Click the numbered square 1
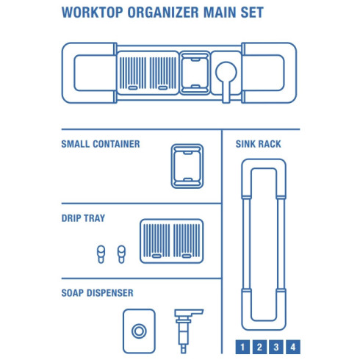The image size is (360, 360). point(243,347)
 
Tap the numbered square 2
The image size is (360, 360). point(260,347)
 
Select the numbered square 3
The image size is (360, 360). point(276,347)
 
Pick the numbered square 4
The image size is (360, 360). point(293,347)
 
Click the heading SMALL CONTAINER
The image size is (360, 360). point(101,144)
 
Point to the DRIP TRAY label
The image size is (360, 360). point(83,218)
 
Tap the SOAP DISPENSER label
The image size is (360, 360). point(97,292)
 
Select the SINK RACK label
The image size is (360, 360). point(257,144)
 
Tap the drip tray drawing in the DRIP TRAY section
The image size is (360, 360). point(171,240)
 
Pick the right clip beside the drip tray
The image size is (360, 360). point(119,253)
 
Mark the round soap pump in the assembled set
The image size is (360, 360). point(226,73)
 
